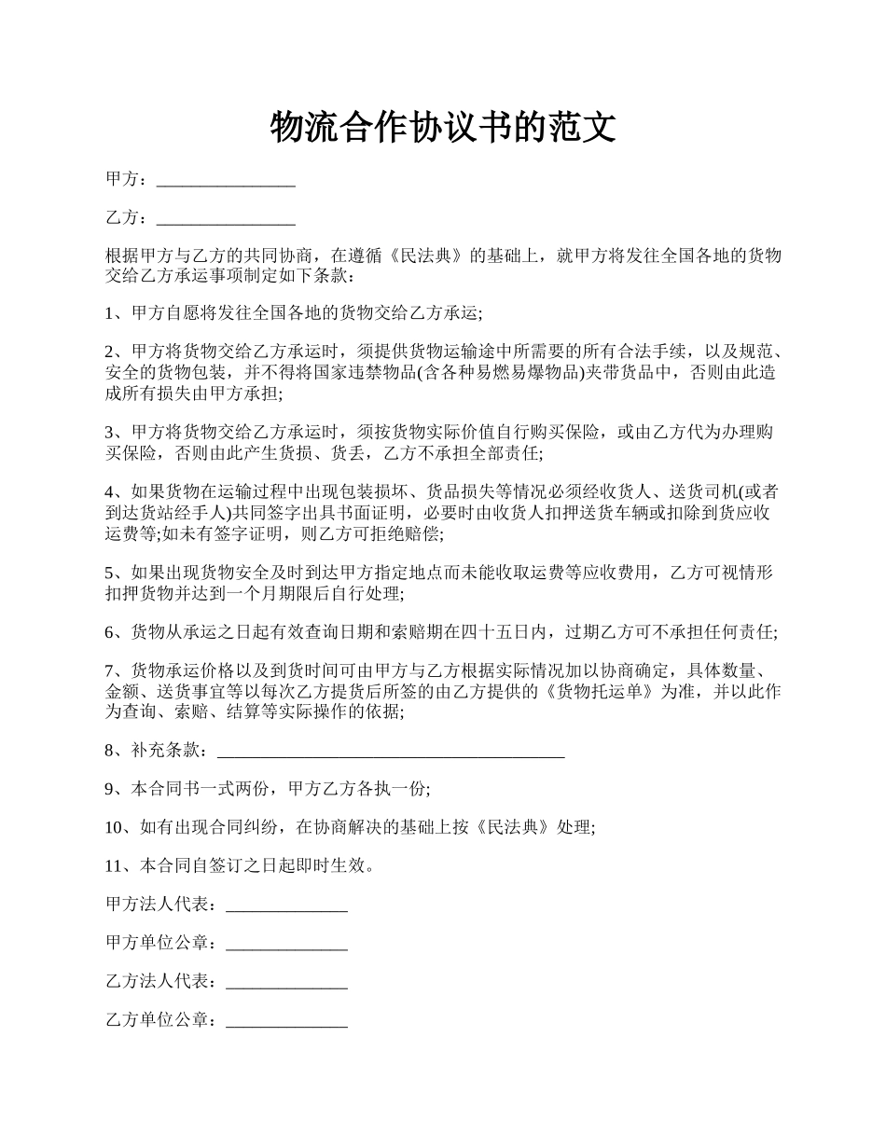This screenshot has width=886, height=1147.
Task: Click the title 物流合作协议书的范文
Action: (443, 127)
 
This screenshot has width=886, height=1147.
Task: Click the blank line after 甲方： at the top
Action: (226, 179)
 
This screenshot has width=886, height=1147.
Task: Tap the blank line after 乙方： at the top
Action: (226, 218)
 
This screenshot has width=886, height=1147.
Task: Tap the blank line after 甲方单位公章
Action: (286, 944)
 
